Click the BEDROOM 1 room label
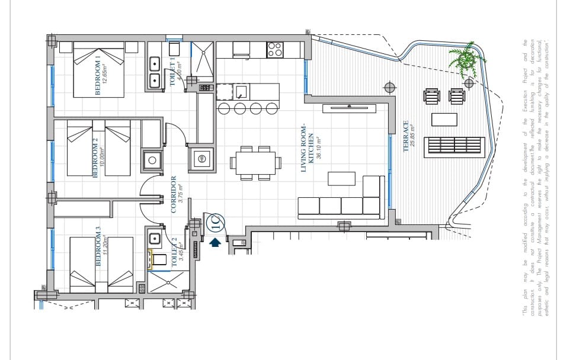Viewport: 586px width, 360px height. pyautogui.click(x=98, y=75)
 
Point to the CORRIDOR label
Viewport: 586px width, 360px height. pyautogui.click(x=174, y=194)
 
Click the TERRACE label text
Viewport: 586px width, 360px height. pyautogui.click(x=406, y=136)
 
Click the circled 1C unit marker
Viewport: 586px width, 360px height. pyautogui.click(x=216, y=223)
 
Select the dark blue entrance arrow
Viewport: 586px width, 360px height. pyautogui.click(x=215, y=242)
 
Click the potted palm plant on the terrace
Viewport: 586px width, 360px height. pyautogui.click(x=466, y=59)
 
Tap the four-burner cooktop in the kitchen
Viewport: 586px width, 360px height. pyautogui.click(x=274, y=50)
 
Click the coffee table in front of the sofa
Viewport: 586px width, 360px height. pyautogui.click(x=341, y=178)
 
